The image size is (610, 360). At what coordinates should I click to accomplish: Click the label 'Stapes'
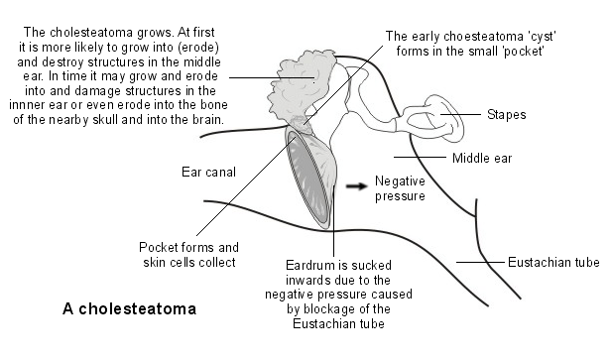pos(507,115)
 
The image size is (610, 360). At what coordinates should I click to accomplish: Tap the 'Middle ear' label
pos(483,158)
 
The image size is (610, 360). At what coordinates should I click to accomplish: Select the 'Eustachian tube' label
pos(553,263)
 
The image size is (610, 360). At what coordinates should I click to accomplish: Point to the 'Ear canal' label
pos(207,172)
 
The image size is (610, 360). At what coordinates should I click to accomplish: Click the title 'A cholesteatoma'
pos(129,308)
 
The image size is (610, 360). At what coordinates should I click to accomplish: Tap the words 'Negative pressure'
pos(400,189)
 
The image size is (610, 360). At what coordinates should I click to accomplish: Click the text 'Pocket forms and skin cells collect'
pos(188,255)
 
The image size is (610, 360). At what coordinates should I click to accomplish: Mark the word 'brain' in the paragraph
pos(205,120)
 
